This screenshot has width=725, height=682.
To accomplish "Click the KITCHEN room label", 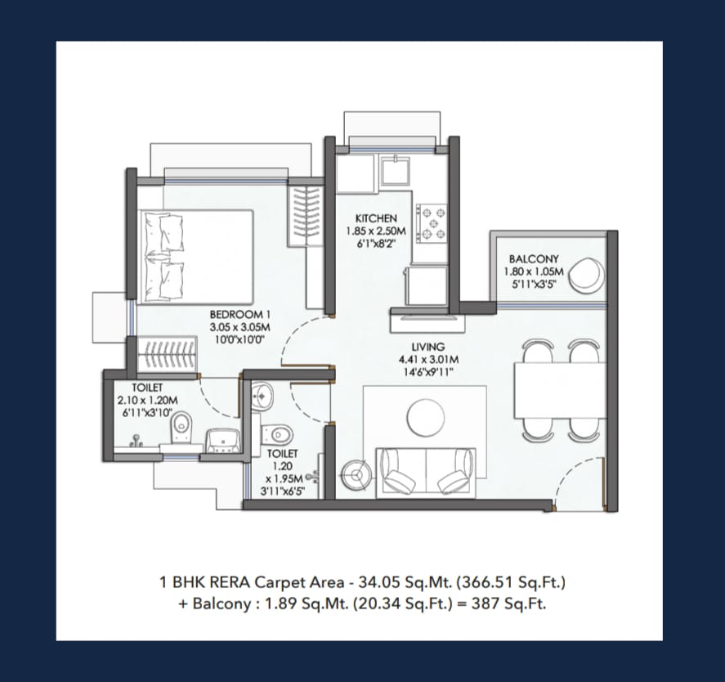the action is pyautogui.click(x=376, y=218).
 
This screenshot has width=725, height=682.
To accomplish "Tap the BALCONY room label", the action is pyautogui.click(x=534, y=259).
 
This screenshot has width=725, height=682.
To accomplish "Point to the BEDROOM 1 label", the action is pyautogui.click(x=239, y=315).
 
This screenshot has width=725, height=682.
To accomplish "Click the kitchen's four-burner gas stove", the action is pyautogui.click(x=432, y=223).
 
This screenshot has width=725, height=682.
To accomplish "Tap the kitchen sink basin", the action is pyautogui.click(x=395, y=171).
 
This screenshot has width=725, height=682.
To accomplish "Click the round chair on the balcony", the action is pyautogui.click(x=586, y=275).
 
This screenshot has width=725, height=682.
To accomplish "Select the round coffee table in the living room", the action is pyautogui.click(x=426, y=417).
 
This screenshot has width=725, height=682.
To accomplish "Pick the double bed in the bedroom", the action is pyautogui.click(x=196, y=257).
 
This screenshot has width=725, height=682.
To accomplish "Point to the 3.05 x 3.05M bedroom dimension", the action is pyautogui.click(x=239, y=327).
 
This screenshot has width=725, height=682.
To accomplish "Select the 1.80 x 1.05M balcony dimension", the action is pyautogui.click(x=534, y=271).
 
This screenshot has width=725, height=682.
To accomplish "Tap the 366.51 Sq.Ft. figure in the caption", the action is pyautogui.click(x=511, y=582).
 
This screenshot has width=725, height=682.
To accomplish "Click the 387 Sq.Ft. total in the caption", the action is pyautogui.click(x=508, y=603).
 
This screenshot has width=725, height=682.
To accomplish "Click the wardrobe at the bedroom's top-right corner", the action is pyautogui.click(x=305, y=216).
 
